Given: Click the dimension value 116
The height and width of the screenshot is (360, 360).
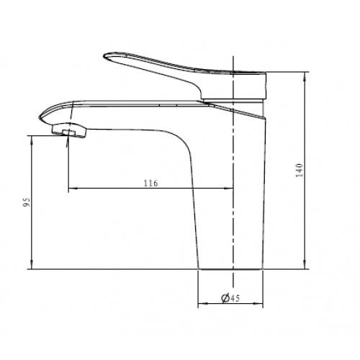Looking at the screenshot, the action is tap(151, 183).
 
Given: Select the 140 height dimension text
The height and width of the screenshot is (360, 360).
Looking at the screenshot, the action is tap(299, 170).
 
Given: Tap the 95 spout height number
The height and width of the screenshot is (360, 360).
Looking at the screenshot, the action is tap(27, 202).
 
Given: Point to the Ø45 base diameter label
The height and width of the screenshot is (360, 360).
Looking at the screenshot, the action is tap(230, 298).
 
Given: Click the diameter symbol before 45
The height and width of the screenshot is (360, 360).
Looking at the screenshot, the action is tap(225, 298).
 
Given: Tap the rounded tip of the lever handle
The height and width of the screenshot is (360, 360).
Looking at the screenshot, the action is tap(106, 56).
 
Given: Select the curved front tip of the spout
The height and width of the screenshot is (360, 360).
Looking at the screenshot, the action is tap(41, 117).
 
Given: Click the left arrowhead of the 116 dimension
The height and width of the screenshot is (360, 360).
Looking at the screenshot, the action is tap(73, 189).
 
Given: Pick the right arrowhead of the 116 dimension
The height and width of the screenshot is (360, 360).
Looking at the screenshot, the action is tap(229, 189).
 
